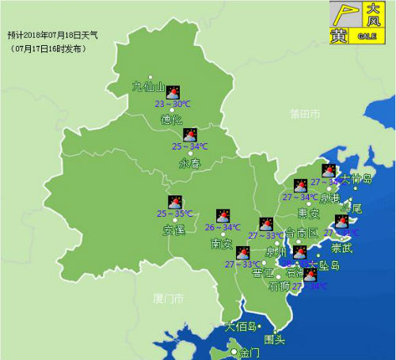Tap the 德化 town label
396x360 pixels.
pos(171,120)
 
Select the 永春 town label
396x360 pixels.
pos(190,164)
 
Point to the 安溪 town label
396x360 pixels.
pos(173,231)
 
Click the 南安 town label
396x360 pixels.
pos(222,244)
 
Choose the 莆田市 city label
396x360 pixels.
pos(303,116)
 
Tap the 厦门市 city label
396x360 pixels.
pos(168,299)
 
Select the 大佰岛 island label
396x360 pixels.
pos(241,326)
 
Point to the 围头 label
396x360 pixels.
pos(274,340)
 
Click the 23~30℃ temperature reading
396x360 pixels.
pos(172,104)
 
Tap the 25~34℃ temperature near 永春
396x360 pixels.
pos(190,146)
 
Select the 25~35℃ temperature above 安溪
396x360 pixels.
pos(174,214)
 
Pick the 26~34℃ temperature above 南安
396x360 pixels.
pos(223,228)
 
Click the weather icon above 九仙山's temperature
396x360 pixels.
pos(172,92)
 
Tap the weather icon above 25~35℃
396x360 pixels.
pos(174,202)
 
